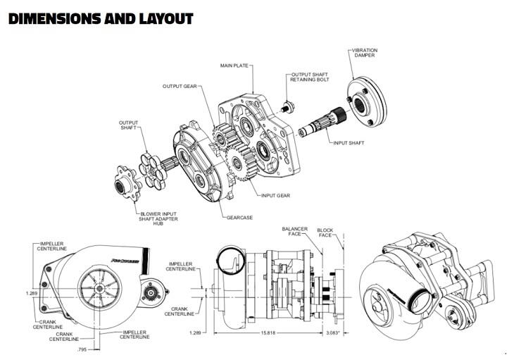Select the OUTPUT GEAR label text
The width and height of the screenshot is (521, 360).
click(180, 87)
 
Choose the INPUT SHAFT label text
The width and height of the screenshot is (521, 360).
click(349, 143)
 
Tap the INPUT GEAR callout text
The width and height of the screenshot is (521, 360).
click(276, 194)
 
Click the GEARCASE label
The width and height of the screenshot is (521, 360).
click(241, 218)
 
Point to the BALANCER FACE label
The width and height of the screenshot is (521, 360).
click(295, 232)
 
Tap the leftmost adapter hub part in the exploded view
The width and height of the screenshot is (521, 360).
click(127, 188)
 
